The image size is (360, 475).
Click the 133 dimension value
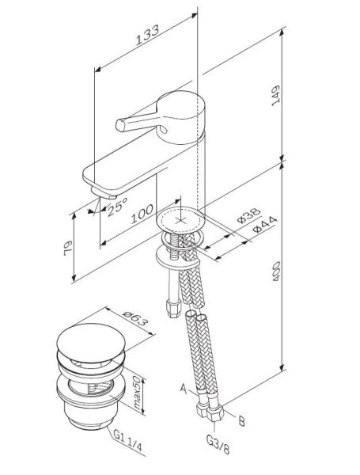click(147, 32)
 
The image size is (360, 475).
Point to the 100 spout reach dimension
click(142, 215)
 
